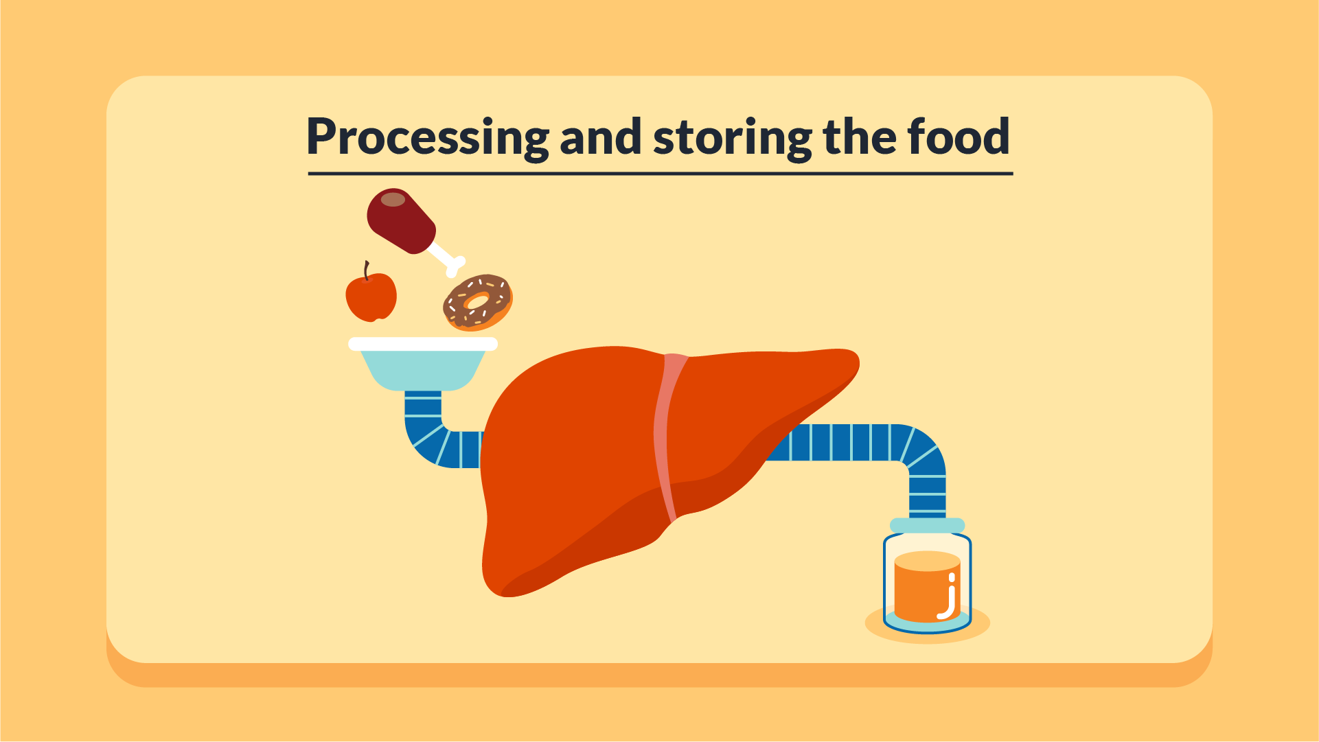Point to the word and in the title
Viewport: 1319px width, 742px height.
(x=601, y=136)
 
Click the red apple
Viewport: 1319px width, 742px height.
(x=371, y=297)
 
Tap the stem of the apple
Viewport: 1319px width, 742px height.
(x=367, y=270)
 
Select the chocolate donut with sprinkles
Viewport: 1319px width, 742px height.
(x=478, y=303)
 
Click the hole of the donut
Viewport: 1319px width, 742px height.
(x=477, y=301)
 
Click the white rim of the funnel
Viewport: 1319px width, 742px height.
(x=423, y=344)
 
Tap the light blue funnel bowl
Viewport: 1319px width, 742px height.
(x=423, y=369)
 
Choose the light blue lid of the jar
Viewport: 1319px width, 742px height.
(x=928, y=525)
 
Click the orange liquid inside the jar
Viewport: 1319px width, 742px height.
(x=924, y=590)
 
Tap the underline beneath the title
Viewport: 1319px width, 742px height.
(x=661, y=174)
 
